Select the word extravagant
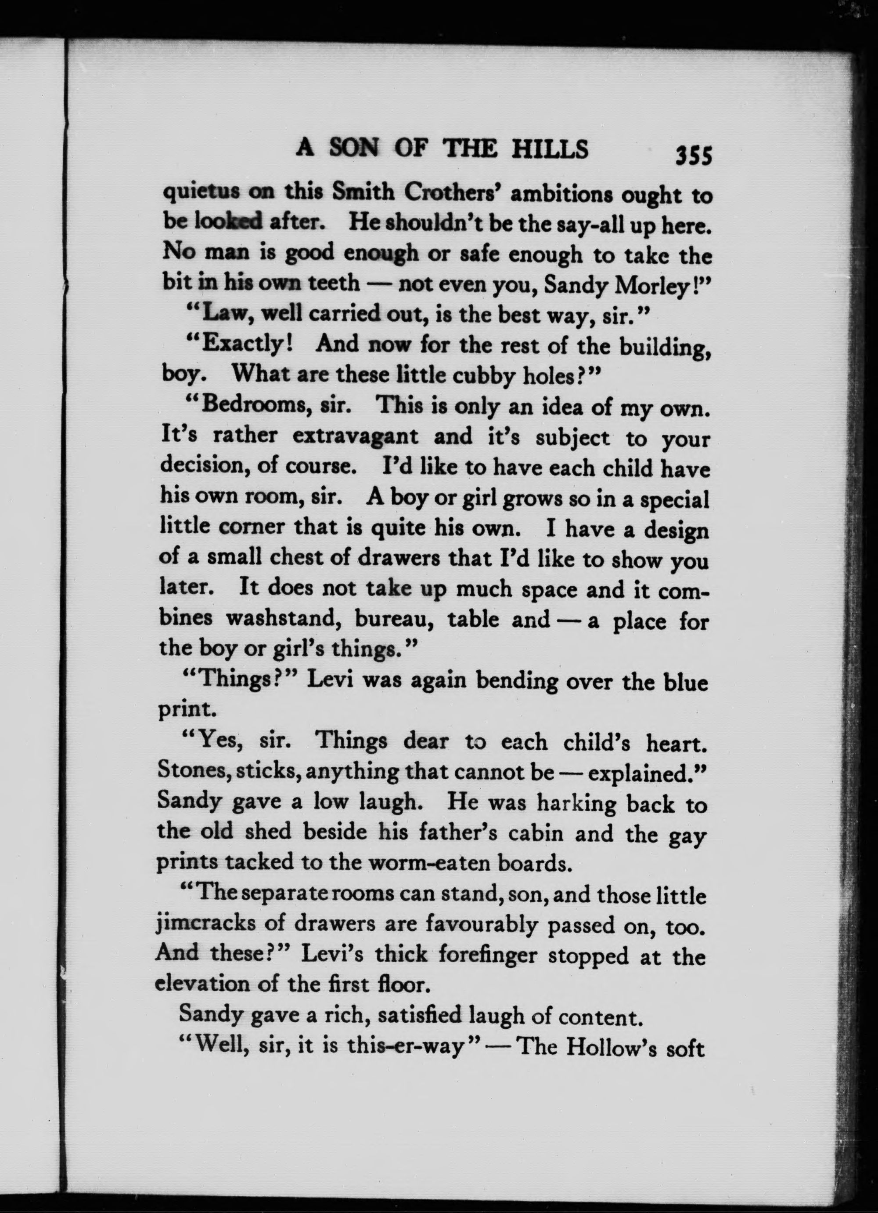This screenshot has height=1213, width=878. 355,436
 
